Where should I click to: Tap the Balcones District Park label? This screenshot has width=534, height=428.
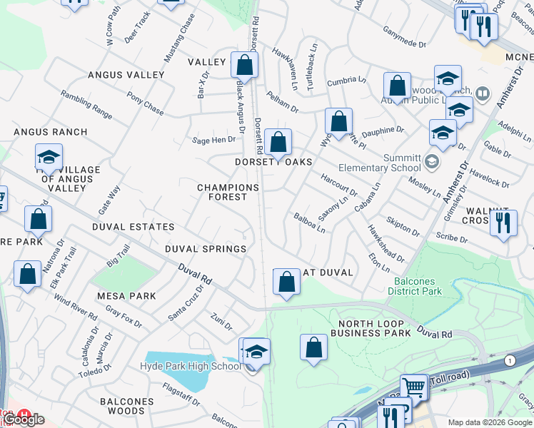(x=425, y=286)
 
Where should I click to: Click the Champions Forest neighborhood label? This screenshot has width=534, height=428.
(x=228, y=192)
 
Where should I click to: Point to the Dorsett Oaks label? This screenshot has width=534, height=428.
(x=274, y=163)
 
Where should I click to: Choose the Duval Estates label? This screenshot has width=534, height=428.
(x=133, y=227)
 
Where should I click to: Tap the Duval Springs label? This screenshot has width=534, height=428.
(x=206, y=249)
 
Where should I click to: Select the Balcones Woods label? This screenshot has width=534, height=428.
(x=126, y=406)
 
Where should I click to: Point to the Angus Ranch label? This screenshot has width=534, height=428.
(x=50, y=132)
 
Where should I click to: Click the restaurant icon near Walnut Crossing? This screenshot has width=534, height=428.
(x=503, y=223)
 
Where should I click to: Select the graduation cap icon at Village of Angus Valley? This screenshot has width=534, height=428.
(x=49, y=158)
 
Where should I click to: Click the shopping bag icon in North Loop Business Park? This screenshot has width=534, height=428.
(x=313, y=348)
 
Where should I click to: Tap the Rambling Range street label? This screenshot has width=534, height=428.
(x=86, y=105)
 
